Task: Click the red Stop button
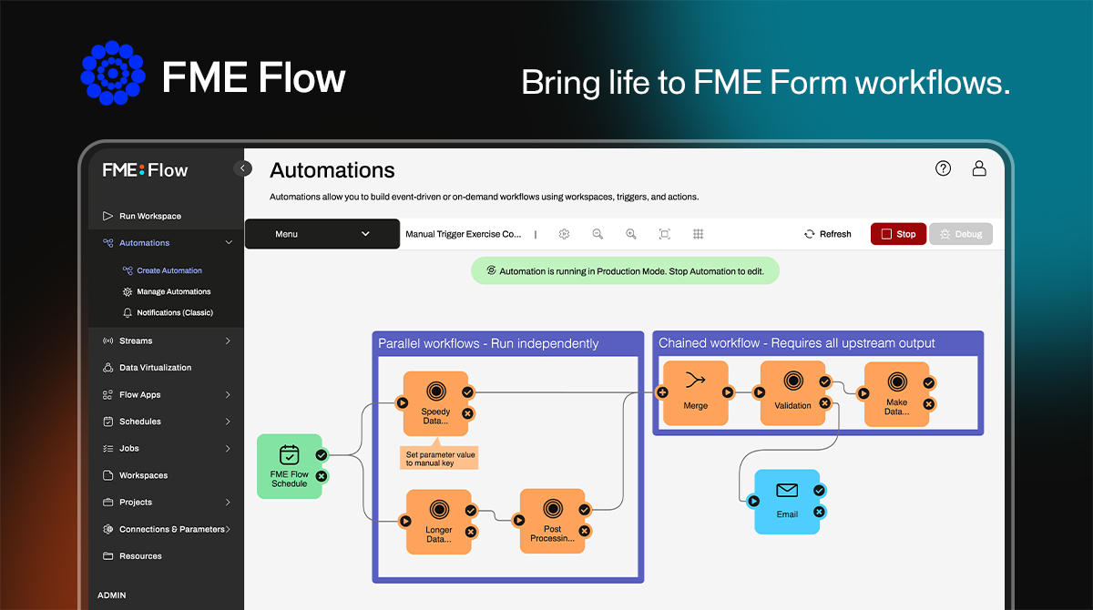tap(898, 234)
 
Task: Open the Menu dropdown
tap(322, 234)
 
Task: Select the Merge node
tap(695, 392)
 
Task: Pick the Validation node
tap(792, 392)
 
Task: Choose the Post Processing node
tap(552, 521)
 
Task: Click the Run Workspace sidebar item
tap(149, 216)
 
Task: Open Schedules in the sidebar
tap(139, 422)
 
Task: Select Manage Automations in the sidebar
tap(173, 291)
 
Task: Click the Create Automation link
tap(169, 270)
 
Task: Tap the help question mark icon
tap(944, 168)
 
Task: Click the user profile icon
tap(979, 168)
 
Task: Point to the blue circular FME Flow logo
tap(113, 73)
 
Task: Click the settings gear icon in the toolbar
tap(565, 234)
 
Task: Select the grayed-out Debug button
tap(960, 234)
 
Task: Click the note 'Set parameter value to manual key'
tap(440, 458)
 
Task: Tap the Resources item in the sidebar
tap(140, 555)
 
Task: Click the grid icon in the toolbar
tap(699, 234)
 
